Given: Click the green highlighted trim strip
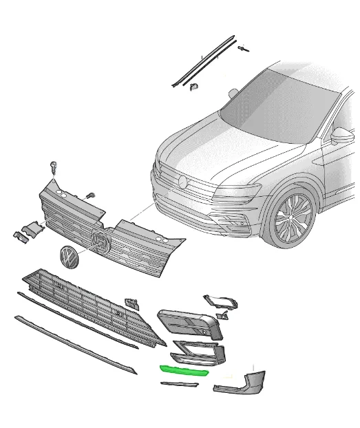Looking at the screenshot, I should click(x=183, y=370).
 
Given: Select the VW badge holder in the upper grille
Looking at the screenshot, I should click(x=100, y=242).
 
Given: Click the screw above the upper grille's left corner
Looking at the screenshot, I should click(x=53, y=167).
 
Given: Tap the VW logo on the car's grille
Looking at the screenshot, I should click(x=182, y=182).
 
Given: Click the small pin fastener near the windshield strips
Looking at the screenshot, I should click(x=242, y=47).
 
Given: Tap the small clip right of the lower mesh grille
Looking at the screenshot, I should click(x=131, y=303).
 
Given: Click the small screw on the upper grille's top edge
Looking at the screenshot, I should click(x=89, y=195).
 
